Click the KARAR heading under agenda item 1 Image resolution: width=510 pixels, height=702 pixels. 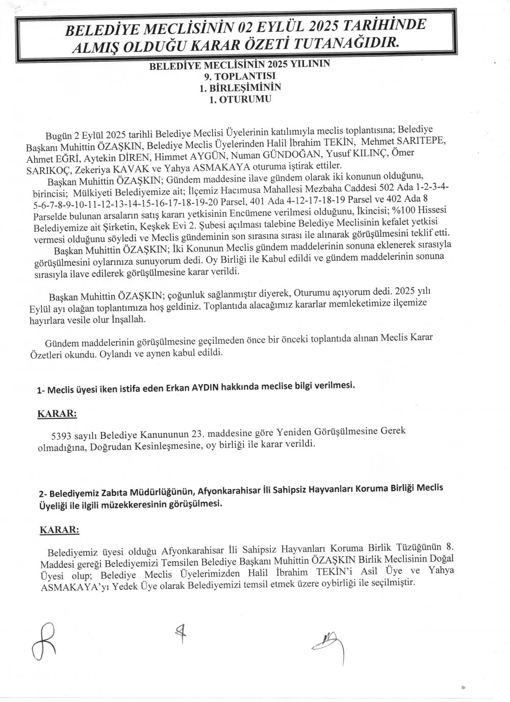(57, 414)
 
